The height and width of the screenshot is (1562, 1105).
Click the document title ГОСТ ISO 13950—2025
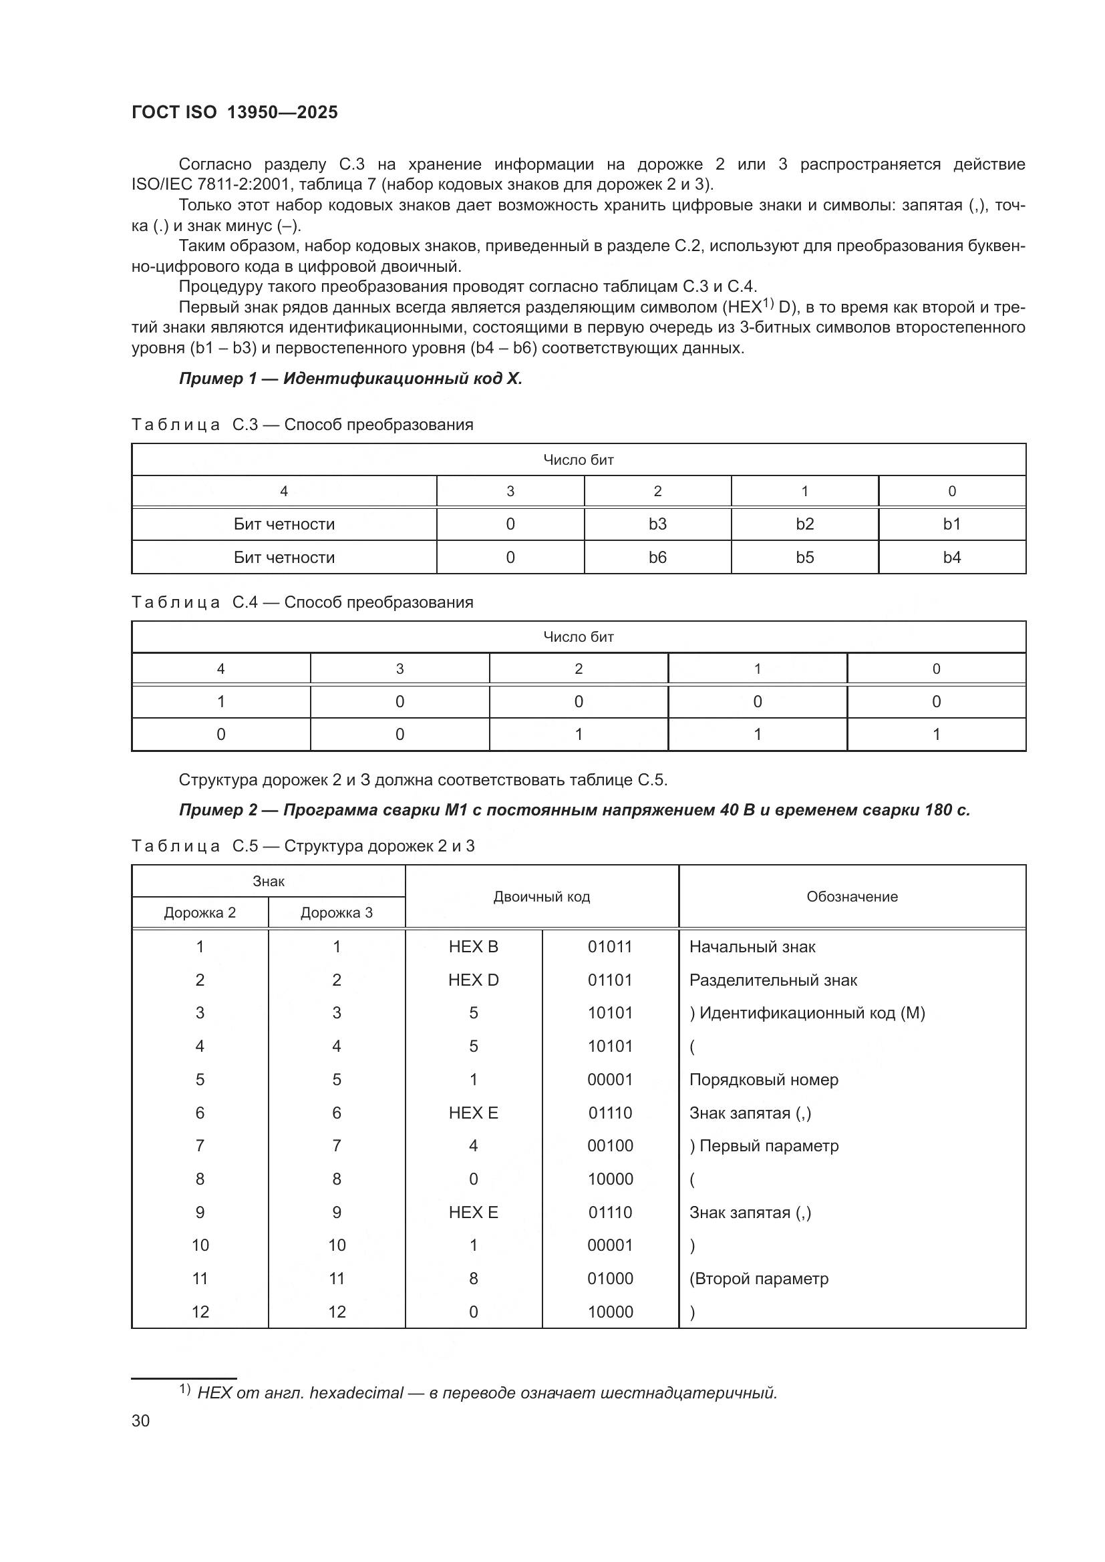[x=234, y=112]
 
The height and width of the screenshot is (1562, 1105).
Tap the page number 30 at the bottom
[x=141, y=1420]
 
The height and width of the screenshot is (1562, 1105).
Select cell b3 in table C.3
[x=657, y=524]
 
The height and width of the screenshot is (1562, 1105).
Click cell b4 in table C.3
[x=951, y=557]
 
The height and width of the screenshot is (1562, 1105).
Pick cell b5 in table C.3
[x=804, y=557]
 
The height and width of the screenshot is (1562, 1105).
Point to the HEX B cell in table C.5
[x=473, y=946]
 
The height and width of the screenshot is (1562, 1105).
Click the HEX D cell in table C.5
[x=473, y=980]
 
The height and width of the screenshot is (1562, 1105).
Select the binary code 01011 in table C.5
[x=610, y=946]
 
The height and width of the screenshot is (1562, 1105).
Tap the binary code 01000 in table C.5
[x=610, y=1278]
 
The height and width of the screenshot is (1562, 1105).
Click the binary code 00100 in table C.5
[x=610, y=1146]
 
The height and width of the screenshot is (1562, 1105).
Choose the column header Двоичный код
[x=542, y=897]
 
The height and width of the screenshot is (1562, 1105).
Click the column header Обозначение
[x=852, y=897]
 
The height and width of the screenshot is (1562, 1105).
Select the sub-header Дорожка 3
[x=336, y=912]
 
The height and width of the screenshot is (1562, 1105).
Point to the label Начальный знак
[x=752, y=946]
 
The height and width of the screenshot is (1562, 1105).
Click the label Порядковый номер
[x=764, y=1080]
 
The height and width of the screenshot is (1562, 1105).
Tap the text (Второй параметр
[x=759, y=1278]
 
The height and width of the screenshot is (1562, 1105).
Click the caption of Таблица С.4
[x=302, y=602]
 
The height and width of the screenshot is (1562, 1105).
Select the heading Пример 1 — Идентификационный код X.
[x=351, y=379]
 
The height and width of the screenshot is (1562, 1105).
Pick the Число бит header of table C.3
[x=579, y=460]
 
